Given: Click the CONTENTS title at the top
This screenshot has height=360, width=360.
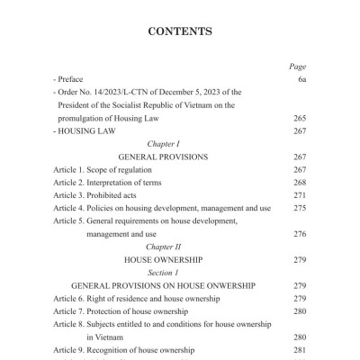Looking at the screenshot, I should coord(180,31).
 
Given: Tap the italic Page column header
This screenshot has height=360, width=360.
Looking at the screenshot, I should coord(298,66).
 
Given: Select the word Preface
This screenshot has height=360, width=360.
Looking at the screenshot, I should coord(71,79).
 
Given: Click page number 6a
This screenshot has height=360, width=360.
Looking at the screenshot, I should coord(301,79).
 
